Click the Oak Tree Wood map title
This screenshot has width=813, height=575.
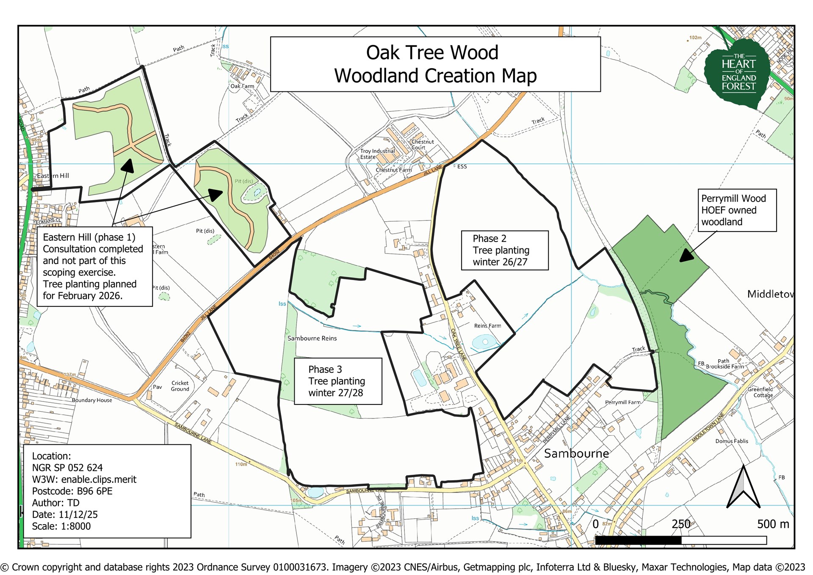pos(435,64)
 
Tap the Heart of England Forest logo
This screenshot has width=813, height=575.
pos(738,72)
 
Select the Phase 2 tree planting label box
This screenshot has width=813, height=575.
pos(504,250)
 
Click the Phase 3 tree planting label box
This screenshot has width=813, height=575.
pos(337,381)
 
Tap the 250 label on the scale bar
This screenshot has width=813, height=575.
pos(680,524)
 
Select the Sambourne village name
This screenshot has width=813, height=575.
pos(576,454)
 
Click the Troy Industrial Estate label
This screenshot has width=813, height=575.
pos(377,154)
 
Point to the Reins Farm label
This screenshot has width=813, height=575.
pos(487,326)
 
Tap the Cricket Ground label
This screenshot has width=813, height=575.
pos(180,386)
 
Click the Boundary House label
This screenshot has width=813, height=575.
pos(92,400)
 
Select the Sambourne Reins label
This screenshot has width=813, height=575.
pos(312,338)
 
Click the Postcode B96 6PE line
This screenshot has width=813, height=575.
pos(72,491)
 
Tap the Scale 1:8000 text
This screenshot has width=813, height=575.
pos(61,526)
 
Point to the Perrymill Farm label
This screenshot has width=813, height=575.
pos(622,402)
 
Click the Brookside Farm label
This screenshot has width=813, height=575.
pos(725,366)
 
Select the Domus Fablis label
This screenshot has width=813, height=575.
pos(732,441)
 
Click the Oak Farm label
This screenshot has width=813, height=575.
pos(242,86)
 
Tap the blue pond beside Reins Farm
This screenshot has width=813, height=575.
pos(485,341)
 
